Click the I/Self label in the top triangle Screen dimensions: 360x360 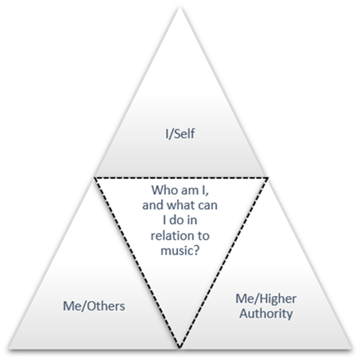179,134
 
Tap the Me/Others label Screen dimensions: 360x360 94,306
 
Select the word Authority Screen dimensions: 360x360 266,314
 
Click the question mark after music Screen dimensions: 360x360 196,251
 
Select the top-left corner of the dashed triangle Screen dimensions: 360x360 94,177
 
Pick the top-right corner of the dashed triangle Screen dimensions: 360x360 268,177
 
